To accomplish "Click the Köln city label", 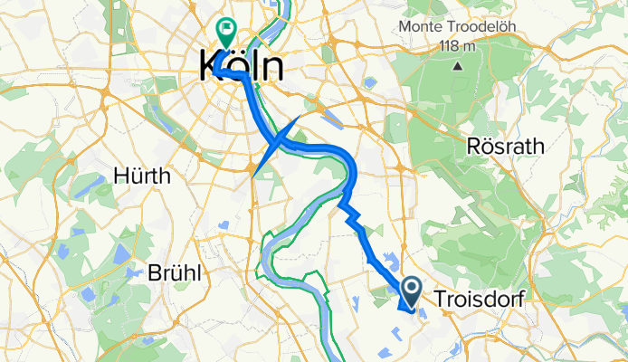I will pos(240,68).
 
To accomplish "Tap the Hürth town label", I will pos(143,176).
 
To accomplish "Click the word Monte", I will pos(427,27).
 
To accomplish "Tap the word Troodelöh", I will pos(484,27).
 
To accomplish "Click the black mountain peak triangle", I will pos(458,65).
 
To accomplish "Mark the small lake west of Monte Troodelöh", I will pos(369,81).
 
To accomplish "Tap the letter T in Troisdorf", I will pos(441,299).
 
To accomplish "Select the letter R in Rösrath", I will pos(473,146).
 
